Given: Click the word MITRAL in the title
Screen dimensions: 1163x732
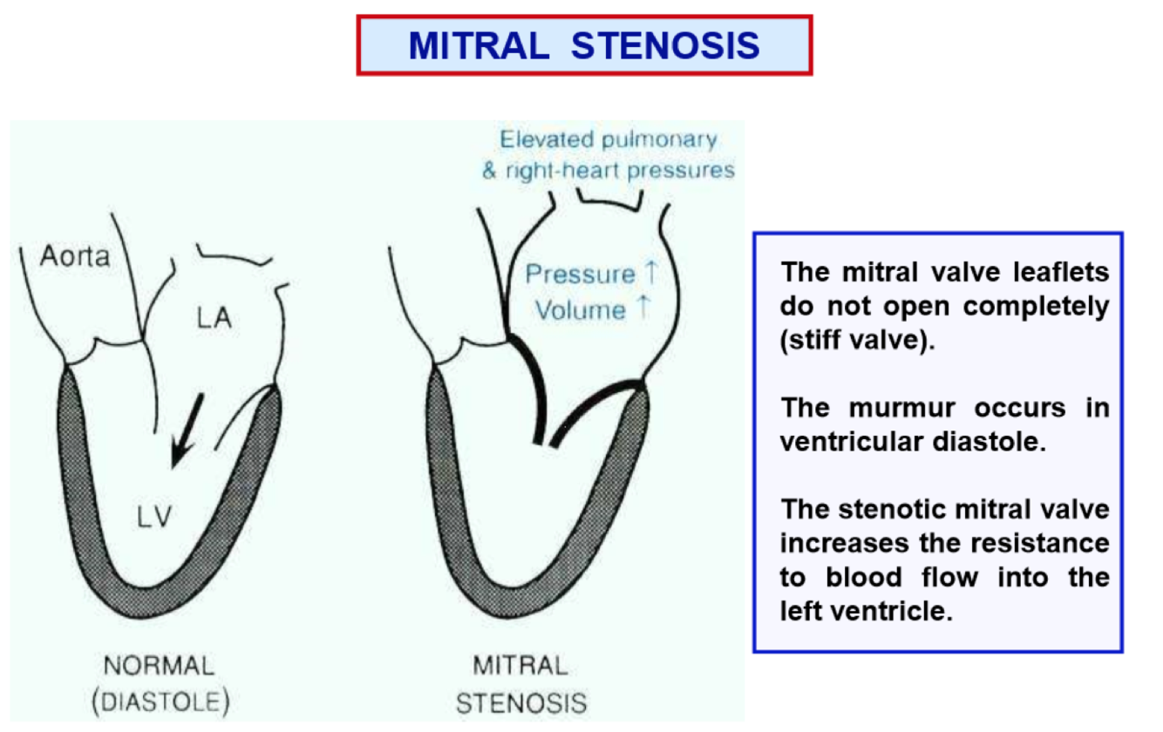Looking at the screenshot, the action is click(479, 45).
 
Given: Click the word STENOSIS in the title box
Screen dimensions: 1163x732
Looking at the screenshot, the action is click(665, 45).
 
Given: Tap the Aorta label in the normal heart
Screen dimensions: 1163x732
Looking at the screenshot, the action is click(76, 257).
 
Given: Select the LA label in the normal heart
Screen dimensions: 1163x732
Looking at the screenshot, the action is click(213, 319).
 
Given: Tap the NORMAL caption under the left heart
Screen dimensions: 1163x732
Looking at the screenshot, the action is click(159, 668).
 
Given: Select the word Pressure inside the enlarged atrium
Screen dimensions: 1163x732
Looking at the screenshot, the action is click(580, 274).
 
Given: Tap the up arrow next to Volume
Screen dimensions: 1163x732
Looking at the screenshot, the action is click(643, 309).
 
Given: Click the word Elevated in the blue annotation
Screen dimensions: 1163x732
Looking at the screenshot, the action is click(548, 139).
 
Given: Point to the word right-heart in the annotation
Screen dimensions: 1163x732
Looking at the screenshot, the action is click(569, 170).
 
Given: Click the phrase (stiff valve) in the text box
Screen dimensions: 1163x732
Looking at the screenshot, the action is click(856, 339).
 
